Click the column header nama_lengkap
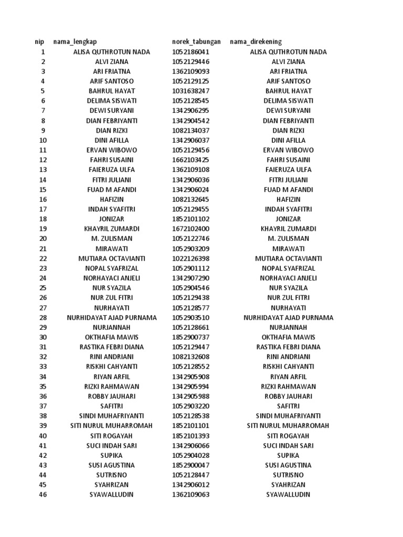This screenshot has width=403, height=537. [x=75, y=42]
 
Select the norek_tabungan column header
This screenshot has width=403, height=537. [x=196, y=42]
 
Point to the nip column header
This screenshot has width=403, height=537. [x=39, y=42]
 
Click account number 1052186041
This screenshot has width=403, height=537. [x=190, y=52]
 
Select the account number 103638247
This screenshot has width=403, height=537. [x=189, y=91]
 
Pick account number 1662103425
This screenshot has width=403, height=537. [x=190, y=160]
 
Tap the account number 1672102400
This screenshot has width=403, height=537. [x=190, y=229]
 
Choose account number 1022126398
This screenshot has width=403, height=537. [x=190, y=259]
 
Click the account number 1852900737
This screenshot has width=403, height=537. [x=190, y=337]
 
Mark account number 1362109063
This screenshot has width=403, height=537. [x=190, y=495]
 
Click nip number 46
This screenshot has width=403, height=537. [x=43, y=495]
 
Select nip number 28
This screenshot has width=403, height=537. [x=43, y=318]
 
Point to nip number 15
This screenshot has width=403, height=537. [x=43, y=190]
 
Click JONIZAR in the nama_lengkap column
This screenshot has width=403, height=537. [x=112, y=219]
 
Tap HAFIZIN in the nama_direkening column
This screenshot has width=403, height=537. [x=288, y=199]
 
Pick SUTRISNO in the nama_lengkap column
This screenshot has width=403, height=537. [x=112, y=475]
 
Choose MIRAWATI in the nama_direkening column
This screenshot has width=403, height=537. [x=288, y=249]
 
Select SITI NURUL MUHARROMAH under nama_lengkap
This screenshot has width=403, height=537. [x=112, y=426]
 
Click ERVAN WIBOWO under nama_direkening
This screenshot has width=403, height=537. [x=288, y=150]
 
